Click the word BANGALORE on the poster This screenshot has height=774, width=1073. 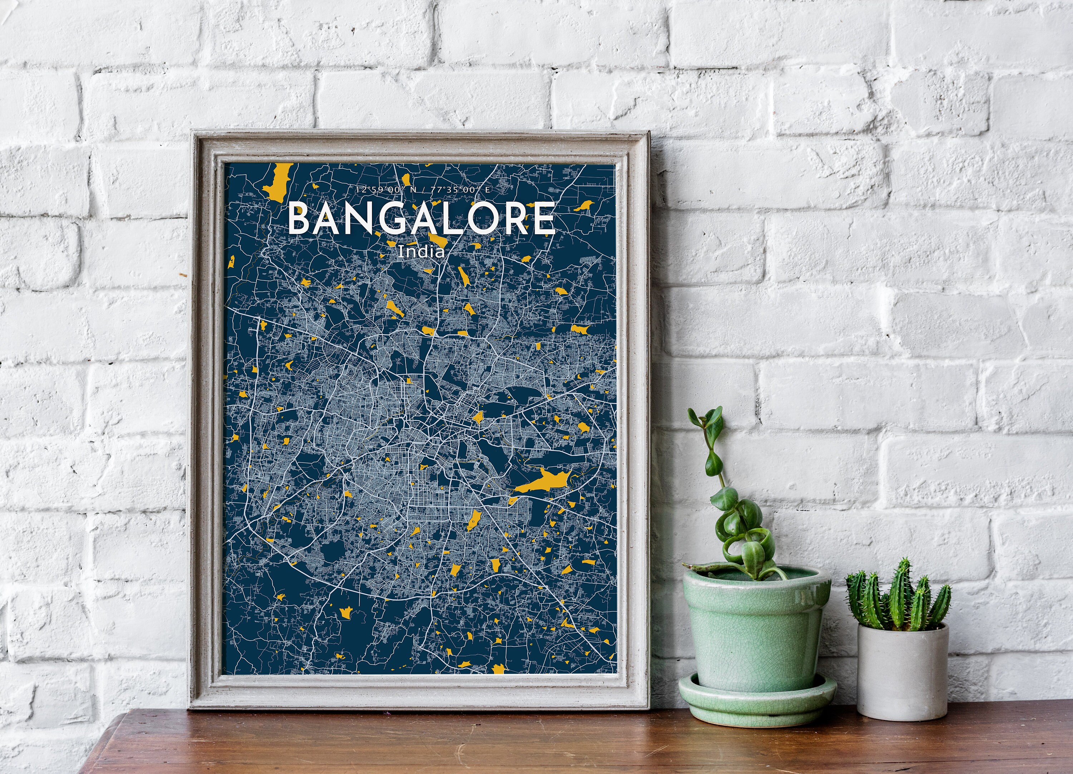click(421, 218)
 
